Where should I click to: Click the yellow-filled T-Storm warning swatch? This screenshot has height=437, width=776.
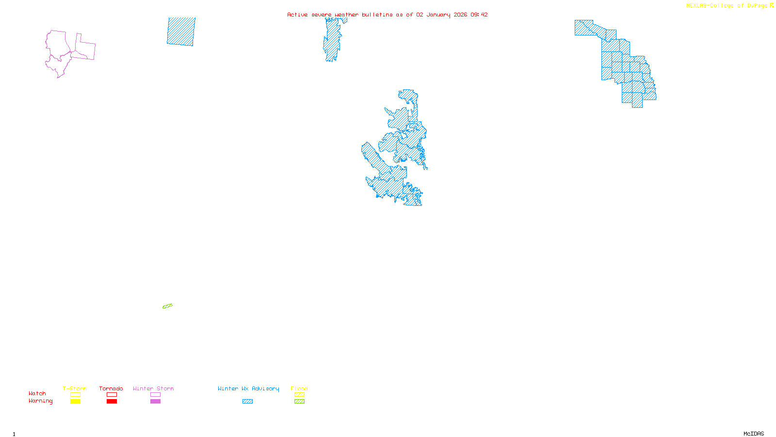[x=75, y=402]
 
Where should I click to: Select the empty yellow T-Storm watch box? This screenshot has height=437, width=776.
[x=75, y=395]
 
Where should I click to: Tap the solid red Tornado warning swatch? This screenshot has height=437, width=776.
[x=112, y=402]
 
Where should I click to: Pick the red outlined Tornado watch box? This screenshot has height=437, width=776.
[x=112, y=395]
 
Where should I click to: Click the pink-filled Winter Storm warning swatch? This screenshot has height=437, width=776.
[x=155, y=402]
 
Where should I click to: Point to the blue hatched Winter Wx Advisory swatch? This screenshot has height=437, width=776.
[x=247, y=402]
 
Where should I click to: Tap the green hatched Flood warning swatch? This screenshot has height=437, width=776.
[x=299, y=402]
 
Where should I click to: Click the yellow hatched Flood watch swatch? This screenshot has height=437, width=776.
[x=299, y=395]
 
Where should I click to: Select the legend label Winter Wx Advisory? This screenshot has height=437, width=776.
[x=248, y=388]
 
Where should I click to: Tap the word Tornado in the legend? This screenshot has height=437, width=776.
[x=111, y=388]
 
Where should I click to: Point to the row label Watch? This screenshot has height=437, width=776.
[x=37, y=393]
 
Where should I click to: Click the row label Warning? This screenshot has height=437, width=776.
[x=41, y=401]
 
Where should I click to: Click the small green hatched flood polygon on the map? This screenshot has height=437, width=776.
[x=167, y=306]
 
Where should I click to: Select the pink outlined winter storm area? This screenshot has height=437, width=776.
[x=61, y=51]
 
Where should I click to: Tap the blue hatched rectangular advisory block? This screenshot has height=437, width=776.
[x=181, y=32]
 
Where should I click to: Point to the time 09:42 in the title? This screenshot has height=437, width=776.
[x=479, y=15]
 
